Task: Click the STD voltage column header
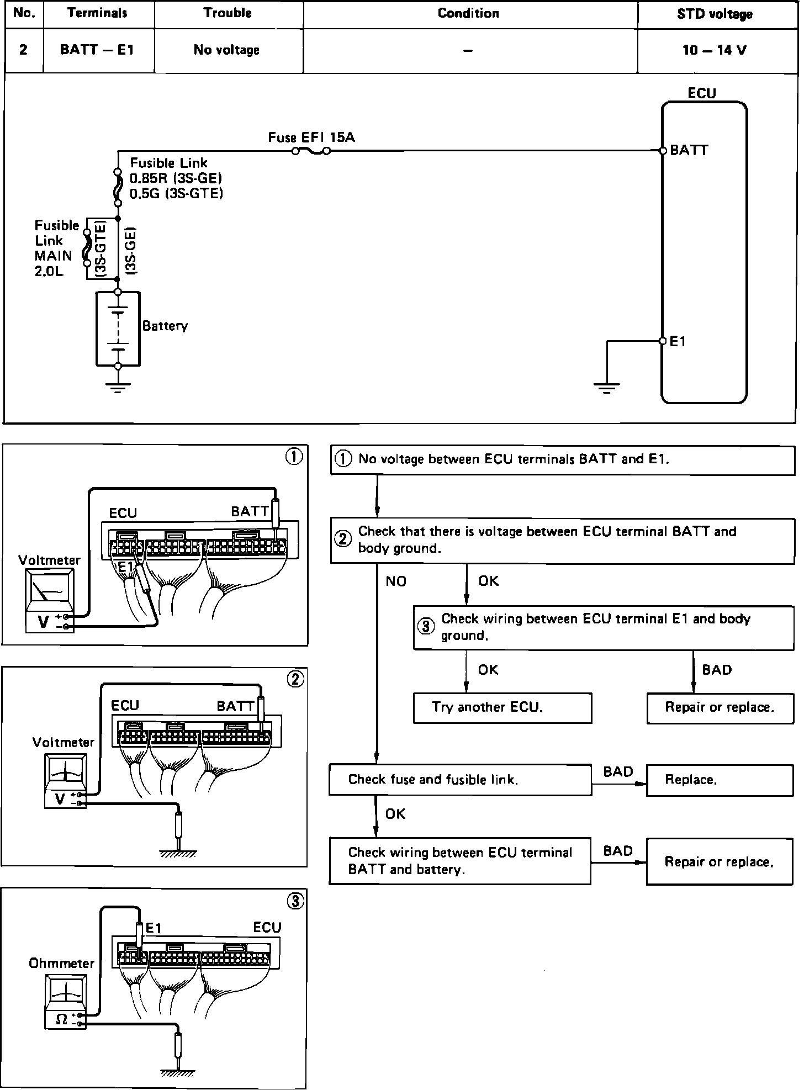coord(715,14)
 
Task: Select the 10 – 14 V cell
coord(715,50)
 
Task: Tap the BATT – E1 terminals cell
coord(97,50)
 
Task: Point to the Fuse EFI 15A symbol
coord(311,151)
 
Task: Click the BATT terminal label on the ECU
coord(689,150)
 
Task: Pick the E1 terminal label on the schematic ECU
coord(678,342)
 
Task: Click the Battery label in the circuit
coord(165,326)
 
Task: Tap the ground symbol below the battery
coord(118,386)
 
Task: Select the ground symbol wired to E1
coord(606,387)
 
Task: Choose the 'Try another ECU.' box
coord(502,708)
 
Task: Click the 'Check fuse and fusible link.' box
coord(460,780)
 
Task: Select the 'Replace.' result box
coord(719,780)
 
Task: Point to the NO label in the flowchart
coord(396,581)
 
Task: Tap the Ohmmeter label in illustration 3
coord(62,964)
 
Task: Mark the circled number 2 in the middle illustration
coord(295,679)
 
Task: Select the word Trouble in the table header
coord(228,13)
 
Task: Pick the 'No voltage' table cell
coord(227,50)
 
